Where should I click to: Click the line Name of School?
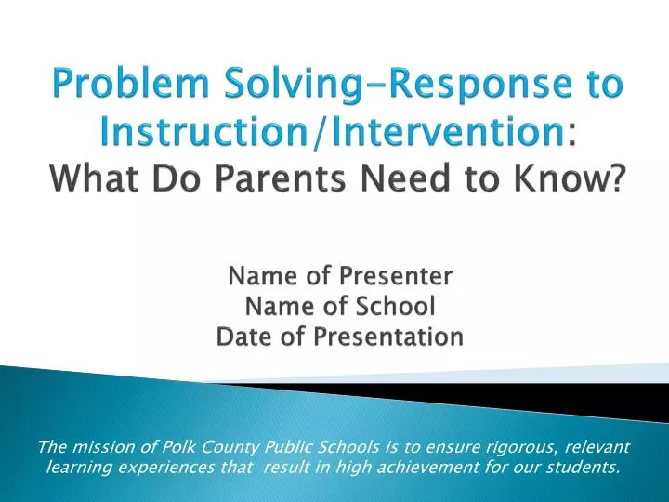339,307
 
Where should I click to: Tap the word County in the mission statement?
219,447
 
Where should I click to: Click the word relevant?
595,447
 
